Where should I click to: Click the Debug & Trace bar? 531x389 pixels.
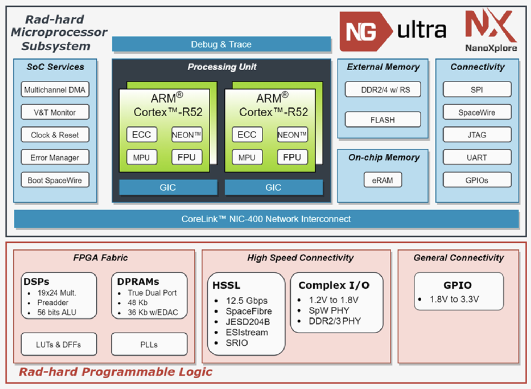(221, 44)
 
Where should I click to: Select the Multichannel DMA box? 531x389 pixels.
(55, 89)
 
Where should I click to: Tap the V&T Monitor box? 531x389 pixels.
(55, 112)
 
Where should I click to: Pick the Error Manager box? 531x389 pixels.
(55, 158)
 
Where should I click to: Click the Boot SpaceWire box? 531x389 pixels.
(55, 180)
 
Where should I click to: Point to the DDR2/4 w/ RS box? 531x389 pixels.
(383, 89)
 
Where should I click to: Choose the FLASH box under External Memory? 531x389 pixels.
(383, 120)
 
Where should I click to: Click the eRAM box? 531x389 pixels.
(383, 180)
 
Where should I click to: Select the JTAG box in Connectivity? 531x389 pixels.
(477, 135)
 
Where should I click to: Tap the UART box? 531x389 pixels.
(477, 158)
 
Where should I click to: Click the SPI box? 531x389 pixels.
(477, 89)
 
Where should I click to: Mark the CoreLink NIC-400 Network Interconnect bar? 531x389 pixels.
(266, 219)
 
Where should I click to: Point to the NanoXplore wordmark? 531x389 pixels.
(491, 48)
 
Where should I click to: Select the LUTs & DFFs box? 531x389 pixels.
(59, 344)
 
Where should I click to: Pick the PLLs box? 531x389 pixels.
(149, 344)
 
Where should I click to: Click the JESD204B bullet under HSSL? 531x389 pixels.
(248, 322)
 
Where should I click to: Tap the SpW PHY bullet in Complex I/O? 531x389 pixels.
(329, 310)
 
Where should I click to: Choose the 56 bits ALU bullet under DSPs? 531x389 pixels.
(57, 312)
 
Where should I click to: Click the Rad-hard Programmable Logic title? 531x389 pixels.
(116, 372)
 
